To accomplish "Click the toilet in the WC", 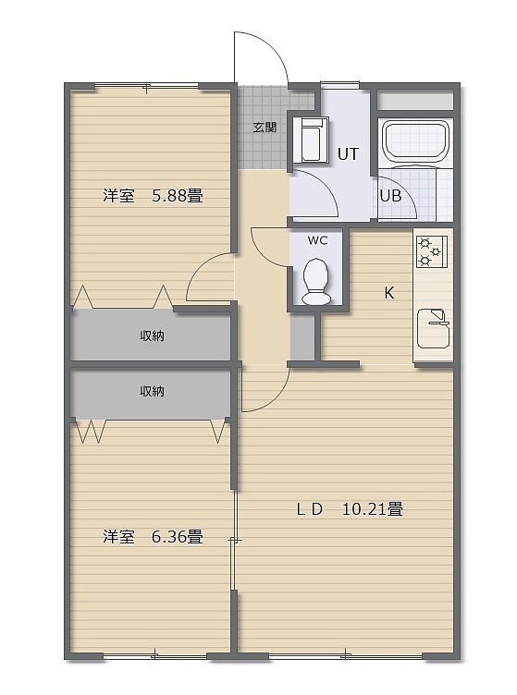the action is [x=316, y=282].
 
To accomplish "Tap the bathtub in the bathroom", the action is [x=416, y=141].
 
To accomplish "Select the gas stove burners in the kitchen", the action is [x=431, y=251].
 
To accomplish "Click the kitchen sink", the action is [x=434, y=328].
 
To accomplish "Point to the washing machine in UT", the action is [x=314, y=140].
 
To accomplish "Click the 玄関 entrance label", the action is [x=265, y=128].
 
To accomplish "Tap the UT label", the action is [x=348, y=154].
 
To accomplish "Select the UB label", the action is [x=390, y=196].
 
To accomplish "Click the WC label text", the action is [x=317, y=240].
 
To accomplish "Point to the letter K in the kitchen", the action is [x=388, y=293].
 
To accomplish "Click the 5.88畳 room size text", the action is [x=178, y=196].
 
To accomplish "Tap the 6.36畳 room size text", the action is [x=178, y=537].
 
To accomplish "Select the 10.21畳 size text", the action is [x=373, y=509].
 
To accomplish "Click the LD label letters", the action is [x=309, y=510].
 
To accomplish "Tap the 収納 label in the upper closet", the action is [x=152, y=336].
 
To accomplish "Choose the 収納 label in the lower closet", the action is [x=152, y=391].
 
